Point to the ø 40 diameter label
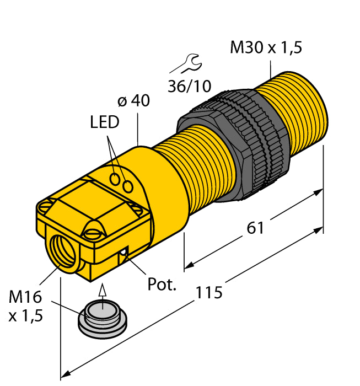coord(133,101)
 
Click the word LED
coord(104,122)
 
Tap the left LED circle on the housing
coord(116,179)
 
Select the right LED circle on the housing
coord(128,187)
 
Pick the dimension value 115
coord(209,292)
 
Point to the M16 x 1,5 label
coord(25,307)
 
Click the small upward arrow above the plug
coord(100,291)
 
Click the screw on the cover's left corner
coord(45,206)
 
